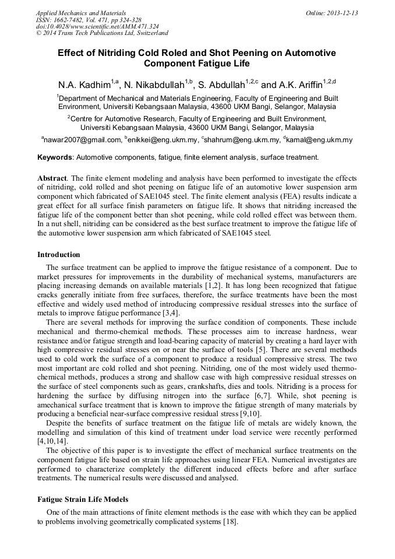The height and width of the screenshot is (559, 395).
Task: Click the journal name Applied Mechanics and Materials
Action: tap(81, 13)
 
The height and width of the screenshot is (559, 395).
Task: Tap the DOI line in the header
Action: tap(97, 26)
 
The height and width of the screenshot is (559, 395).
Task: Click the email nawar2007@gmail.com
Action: tap(83, 140)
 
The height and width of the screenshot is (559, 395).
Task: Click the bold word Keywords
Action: tap(55, 157)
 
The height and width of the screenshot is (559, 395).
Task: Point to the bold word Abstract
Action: tap(52, 178)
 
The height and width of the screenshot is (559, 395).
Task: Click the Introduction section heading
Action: tap(58, 255)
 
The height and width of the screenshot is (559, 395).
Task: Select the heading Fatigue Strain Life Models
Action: tap(83, 500)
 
